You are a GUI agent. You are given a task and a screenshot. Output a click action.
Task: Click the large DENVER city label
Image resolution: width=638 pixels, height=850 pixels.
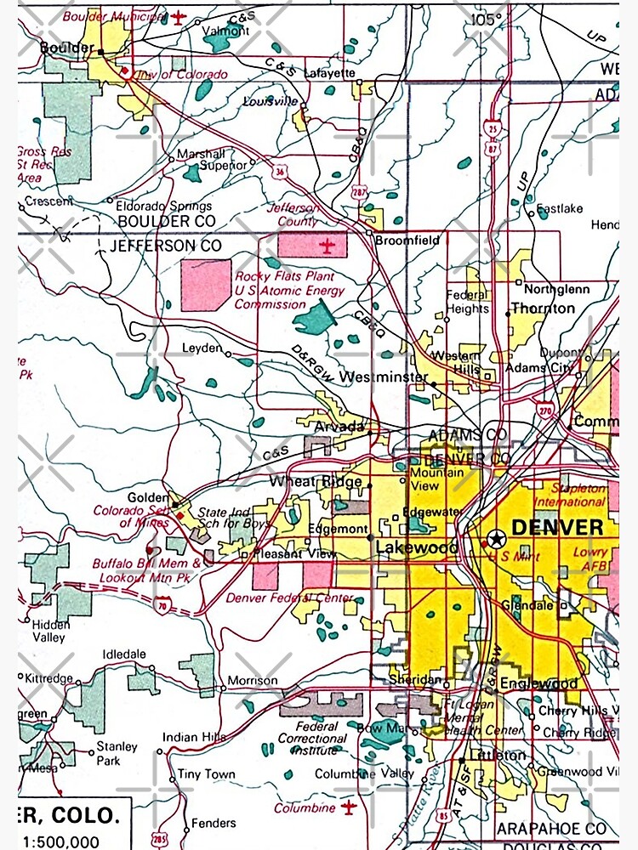tap(558, 527)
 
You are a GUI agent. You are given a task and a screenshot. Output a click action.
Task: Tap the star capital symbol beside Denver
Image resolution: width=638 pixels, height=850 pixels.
tap(497, 537)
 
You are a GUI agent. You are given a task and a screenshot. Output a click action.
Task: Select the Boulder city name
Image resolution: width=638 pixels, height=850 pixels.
tap(67, 48)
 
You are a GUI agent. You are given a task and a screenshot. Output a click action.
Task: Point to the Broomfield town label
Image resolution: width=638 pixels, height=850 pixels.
tap(408, 241)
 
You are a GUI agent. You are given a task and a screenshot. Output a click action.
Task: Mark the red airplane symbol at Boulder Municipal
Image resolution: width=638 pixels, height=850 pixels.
tap(179, 16)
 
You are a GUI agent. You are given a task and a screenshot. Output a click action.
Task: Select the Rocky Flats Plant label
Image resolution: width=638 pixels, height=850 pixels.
tap(273, 276)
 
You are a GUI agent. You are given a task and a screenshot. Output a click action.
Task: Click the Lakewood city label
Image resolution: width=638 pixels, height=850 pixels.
tap(416, 547)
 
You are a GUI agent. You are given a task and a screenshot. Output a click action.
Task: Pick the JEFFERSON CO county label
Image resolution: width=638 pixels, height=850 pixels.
tap(166, 245)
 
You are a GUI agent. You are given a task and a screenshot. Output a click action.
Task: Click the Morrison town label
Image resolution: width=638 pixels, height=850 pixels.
tap(253, 681)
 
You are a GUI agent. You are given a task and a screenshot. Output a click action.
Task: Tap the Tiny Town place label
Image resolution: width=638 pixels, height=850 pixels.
tap(207, 774)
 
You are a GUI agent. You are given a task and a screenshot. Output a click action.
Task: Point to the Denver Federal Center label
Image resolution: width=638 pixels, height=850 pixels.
tap(289, 598)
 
